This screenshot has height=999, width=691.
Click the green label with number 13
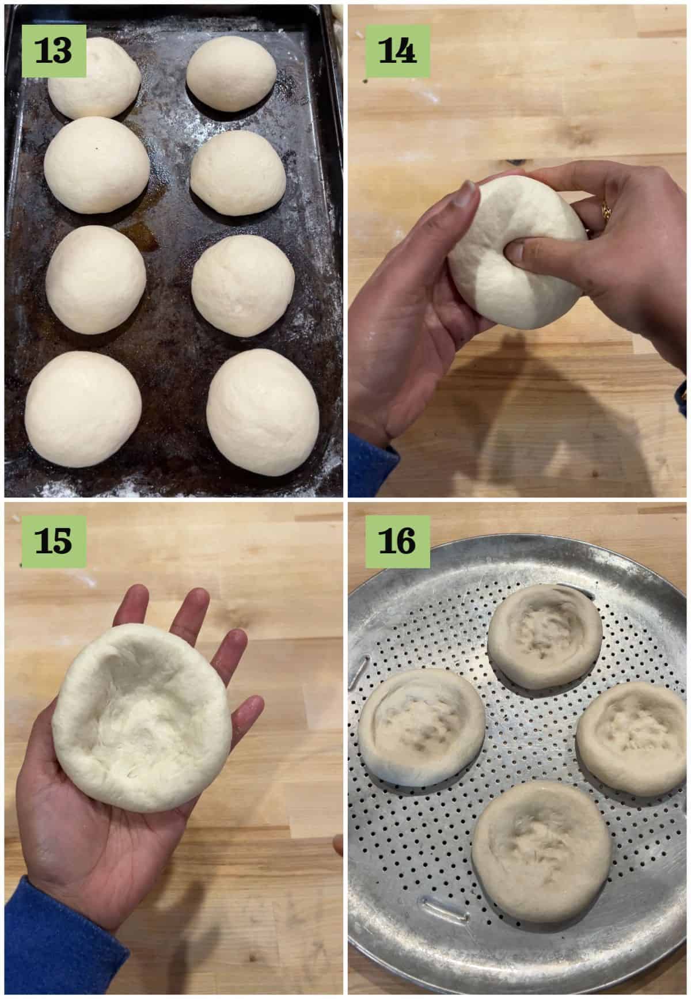coord(54,50)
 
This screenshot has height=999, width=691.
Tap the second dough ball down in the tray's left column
coord(97,165)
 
